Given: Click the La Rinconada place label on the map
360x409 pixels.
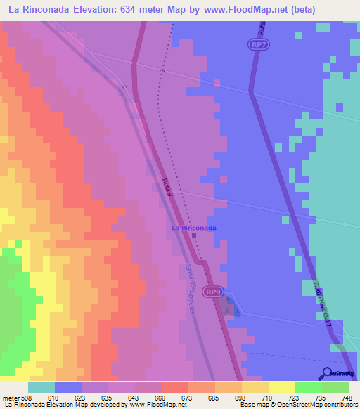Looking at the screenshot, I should point(194,228).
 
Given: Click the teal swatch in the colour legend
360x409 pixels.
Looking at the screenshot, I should point(41,387).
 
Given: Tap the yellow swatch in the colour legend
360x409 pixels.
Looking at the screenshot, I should point(281,387).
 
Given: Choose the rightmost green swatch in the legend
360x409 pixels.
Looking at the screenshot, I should point(335,387).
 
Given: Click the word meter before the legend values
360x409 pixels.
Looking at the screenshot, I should point(11,397).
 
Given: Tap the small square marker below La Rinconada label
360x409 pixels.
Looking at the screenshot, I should point(194,236).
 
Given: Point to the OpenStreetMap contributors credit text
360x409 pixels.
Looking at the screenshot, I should point(316,405).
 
